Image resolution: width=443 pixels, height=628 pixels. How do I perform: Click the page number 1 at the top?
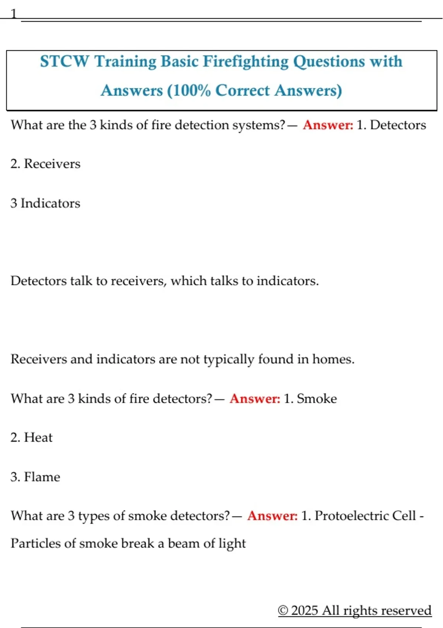click(x=14, y=14)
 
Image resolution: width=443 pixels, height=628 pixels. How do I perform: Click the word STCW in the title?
click(x=64, y=61)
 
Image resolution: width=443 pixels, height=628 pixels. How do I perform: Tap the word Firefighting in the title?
click(x=245, y=61)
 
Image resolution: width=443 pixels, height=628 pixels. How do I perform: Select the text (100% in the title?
click(x=188, y=91)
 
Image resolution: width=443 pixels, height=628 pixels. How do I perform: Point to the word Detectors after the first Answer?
click(x=398, y=125)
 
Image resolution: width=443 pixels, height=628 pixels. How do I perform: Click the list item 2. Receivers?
click(x=45, y=164)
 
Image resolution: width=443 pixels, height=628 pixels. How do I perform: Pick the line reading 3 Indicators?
click(x=45, y=203)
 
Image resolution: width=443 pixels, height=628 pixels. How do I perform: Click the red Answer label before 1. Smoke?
click(x=255, y=399)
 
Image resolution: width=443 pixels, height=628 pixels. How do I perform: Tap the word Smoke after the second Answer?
click(x=317, y=399)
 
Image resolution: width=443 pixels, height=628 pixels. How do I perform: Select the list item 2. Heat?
click(x=31, y=437)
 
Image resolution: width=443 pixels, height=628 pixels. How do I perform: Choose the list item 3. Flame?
click(x=35, y=477)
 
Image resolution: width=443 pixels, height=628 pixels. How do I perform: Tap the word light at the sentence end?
click(x=232, y=543)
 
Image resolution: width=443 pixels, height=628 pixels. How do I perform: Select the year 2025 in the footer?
click(x=305, y=610)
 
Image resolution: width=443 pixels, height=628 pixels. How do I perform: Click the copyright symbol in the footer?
click(x=283, y=610)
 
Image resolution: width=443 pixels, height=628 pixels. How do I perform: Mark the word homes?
click(x=333, y=359)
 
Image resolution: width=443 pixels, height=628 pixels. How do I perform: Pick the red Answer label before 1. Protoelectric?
click(x=272, y=516)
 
